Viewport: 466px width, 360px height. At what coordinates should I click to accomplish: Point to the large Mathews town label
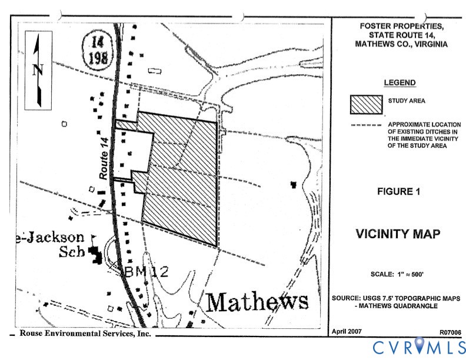coord(258,302)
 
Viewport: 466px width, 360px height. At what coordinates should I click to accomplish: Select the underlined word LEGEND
coord(400,83)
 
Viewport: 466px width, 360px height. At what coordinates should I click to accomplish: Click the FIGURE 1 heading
coord(399,191)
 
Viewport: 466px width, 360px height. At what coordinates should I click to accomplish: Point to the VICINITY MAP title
coord(398,234)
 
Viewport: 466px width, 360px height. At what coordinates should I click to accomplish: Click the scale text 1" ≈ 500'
coord(399,275)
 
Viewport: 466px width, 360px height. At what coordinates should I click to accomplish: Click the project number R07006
coord(450,332)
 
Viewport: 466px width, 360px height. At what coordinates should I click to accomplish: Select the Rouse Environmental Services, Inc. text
coord(85,333)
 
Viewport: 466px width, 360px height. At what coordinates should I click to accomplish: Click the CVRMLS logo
coord(418,346)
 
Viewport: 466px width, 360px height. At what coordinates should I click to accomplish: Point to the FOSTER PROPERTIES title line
coord(401,27)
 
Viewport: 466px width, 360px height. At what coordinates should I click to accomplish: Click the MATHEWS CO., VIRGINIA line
coord(401,44)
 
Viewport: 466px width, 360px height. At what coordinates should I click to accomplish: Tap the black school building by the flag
coord(94,254)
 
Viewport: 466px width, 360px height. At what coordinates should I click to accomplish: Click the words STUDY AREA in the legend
coord(407,101)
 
